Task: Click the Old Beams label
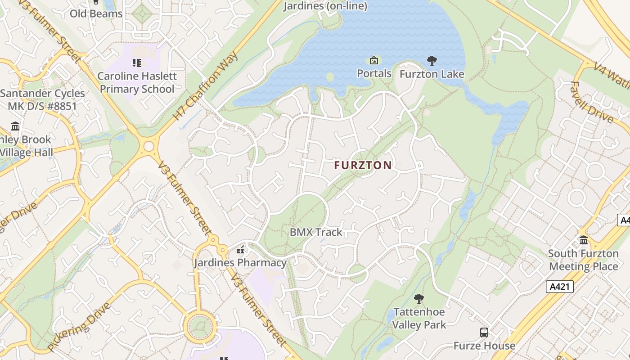[x=96, y=13]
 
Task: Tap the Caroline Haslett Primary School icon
[x=136, y=63]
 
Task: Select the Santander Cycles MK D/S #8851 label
[x=43, y=100]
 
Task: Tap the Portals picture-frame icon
[x=374, y=60]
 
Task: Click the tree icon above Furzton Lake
[x=432, y=61]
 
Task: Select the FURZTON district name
[x=363, y=165]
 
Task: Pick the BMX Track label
[x=316, y=232]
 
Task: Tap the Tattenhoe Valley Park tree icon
[x=419, y=299]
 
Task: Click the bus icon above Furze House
[x=484, y=333]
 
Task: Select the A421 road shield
[x=560, y=287]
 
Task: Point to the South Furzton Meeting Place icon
[x=584, y=240]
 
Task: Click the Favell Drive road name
[x=592, y=103]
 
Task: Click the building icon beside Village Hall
[x=16, y=126]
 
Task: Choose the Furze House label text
[x=484, y=346]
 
